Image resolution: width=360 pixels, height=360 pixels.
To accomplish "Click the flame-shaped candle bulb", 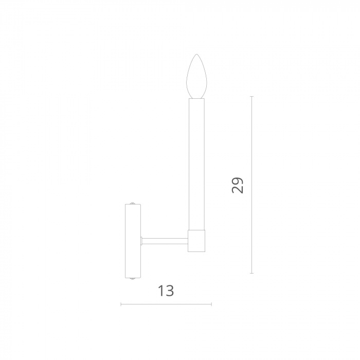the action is click(196, 76).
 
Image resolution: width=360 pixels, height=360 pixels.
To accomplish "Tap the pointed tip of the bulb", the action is click(196, 54).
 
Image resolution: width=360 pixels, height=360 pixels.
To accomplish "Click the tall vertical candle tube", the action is click(196, 164).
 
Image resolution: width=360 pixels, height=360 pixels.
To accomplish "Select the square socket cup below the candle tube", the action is click(196, 241).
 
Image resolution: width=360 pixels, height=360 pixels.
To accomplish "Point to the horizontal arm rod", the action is click(165, 241).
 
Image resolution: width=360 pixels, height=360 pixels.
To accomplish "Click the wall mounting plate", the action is click(133, 241).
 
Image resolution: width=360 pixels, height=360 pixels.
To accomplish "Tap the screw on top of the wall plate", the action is click(133, 203).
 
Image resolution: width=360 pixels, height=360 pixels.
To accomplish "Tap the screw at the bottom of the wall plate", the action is click(133, 279).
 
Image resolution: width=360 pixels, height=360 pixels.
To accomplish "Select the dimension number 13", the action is click(166, 291).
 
